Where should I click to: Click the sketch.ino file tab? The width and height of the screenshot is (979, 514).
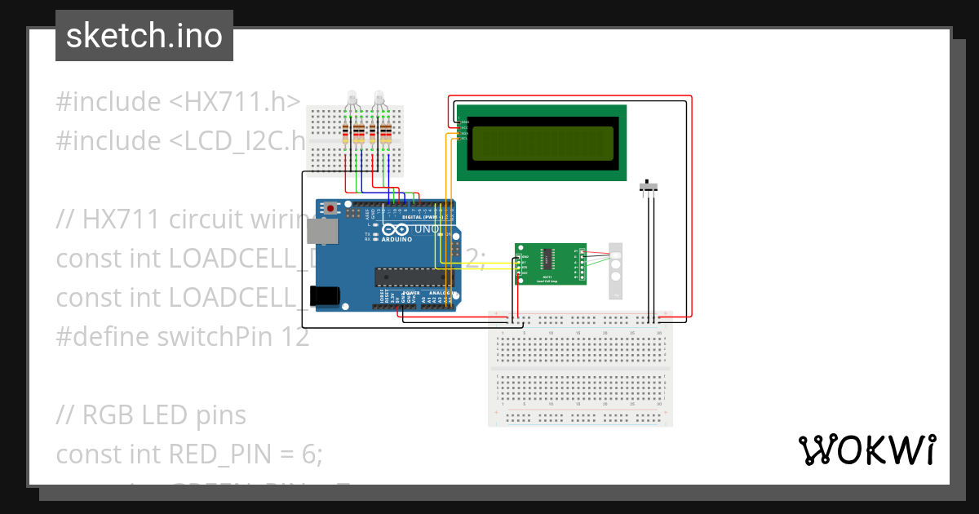click(x=144, y=36)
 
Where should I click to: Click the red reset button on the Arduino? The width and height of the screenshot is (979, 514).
click(x=330, y=209)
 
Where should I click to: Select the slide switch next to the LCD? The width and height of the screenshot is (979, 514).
click(x=649, y=187)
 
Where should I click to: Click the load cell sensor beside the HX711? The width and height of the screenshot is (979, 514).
click(x=617, y=270)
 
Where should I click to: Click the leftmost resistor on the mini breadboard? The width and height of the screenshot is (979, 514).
click(x=346, y=133)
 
